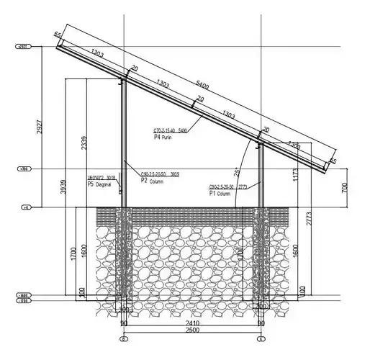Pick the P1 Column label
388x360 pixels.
(x=222, y=193)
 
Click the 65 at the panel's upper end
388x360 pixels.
(x=57, y=35)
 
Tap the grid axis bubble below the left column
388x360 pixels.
(x=124, y=338)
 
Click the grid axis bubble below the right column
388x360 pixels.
(x=259, y=338)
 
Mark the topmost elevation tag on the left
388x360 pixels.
(x=23, y=48)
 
